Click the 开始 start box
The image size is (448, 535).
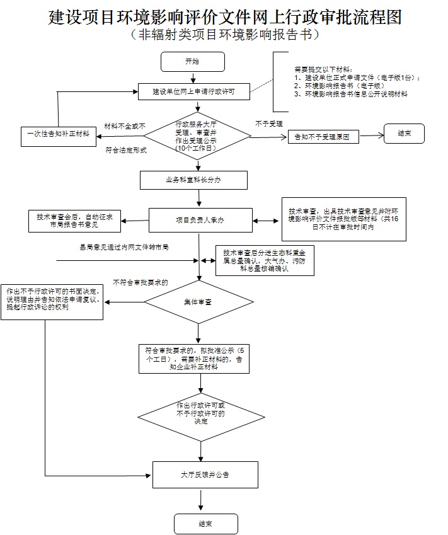pyautogui.click(x=193, y=62)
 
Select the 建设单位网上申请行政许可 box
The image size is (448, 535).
pyautogui.click(x=194, y=91)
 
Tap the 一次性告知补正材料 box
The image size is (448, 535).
pyautogui.click(x=58, y=134)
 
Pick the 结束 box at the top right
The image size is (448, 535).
pyautogui.click(x=404, y=134)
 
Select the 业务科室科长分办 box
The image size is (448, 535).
pyautogui.click(x=194, y=180)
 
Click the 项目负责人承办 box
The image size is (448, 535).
pyautogui.click(x=200, y=220)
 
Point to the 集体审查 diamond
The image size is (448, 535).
pyautogui.click(x=199, y=303)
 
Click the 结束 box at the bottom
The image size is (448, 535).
pyautogui.click(x=205, y=524)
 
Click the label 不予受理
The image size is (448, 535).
pyautogui.click(x=269, y=124)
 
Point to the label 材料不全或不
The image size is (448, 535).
pyautogui.click(x=125, y=126)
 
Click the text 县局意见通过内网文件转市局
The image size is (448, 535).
pyautogui.click(x=123, y=248)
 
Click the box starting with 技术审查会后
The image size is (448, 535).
pyautogui.click(x=74, y=220)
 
